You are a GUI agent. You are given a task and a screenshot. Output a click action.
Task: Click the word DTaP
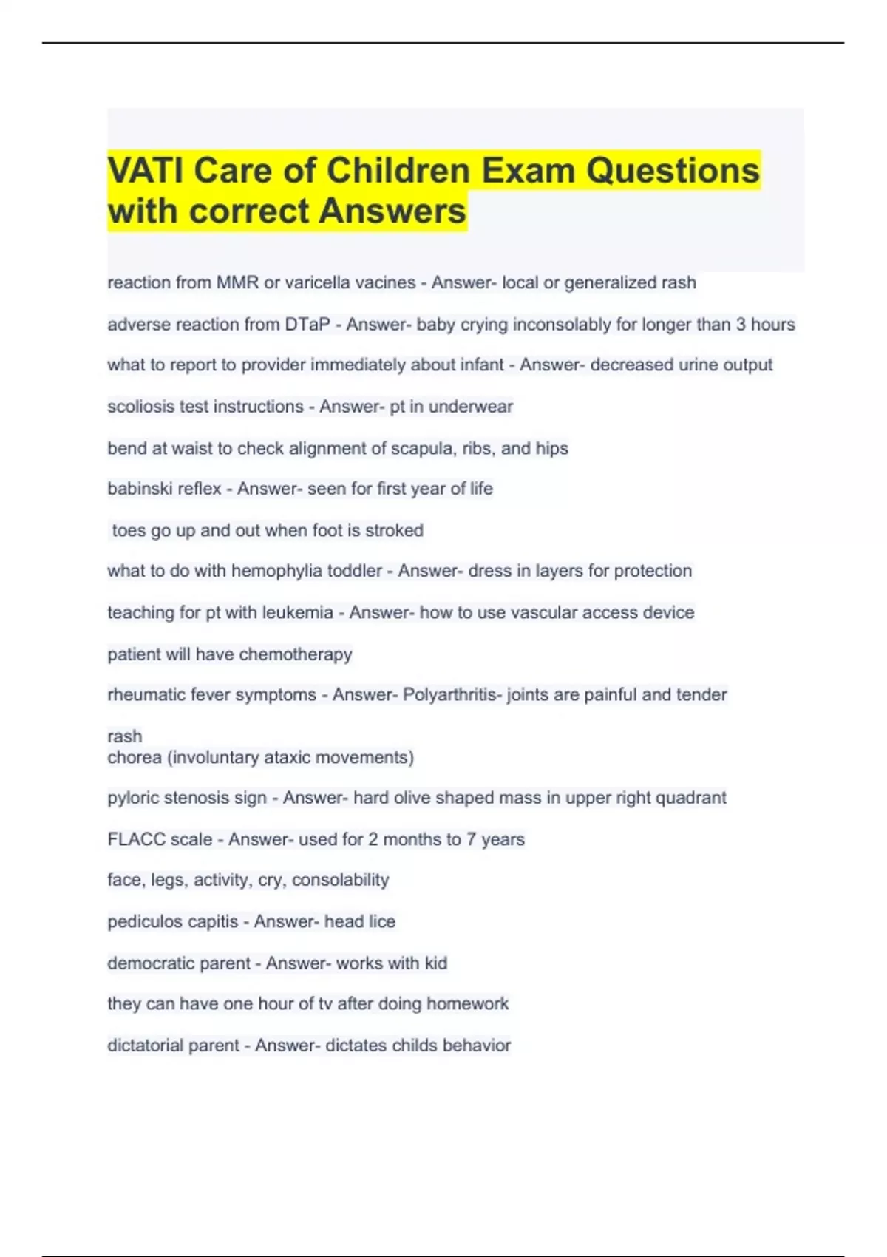(307, 324)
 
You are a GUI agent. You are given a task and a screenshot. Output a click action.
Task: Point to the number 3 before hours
(741, 324)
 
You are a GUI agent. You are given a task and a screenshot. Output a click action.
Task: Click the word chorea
(134, 757)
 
